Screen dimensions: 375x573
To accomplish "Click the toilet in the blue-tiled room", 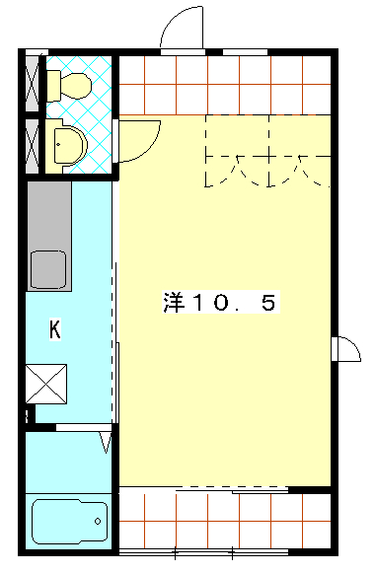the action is pyautogui.click(x=69, y=86).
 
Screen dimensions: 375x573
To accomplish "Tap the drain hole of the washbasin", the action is pyautogui.click(x=58, y=144).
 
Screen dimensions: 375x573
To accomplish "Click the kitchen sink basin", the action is pyautogui.click(x=48, y=269).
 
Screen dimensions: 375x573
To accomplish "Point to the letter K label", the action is pyautogui.click(x=55, y=329).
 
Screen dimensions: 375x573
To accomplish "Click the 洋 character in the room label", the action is pyautogui.click(x=174, y=302).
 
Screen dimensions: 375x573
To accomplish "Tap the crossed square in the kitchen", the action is pyautogui.click(x=46, y=384).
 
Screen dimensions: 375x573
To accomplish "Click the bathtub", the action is pyautogui.click(x=69, y=522).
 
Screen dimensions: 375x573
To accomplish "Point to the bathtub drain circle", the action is pyautogui.click(x=98, y=521).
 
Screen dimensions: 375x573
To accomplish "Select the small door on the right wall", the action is pyautogui.click(x=346, y=349).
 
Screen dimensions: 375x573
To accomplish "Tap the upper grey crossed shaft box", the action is pyautogui.click(x=33, y=84).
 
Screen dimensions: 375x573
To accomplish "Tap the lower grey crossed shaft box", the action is pyautogui.click(x=33, y=146).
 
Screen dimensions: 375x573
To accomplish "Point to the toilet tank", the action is pyautogui.click(x=53, y=86).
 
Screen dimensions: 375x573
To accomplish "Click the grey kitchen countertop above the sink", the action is pyautogui.click(x=48, y=216).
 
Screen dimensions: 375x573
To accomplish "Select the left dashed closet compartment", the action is pyautogui.click(x=238, y=151).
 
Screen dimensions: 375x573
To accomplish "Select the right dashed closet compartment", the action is pyautogui.click(x=300, y=151).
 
